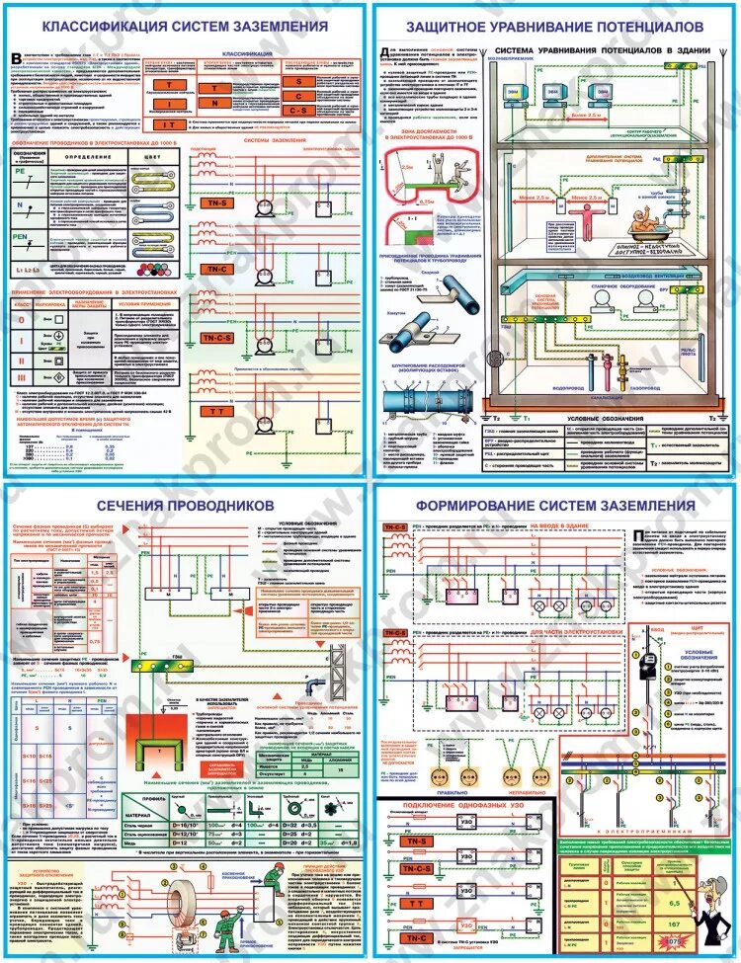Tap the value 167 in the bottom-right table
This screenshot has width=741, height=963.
[x=673, y=923]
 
